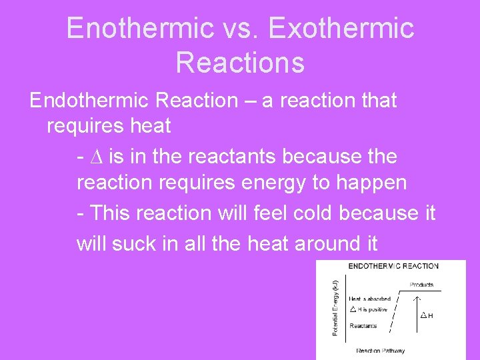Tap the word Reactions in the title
pyautogui.click(x=240, y=62)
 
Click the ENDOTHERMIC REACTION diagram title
pyautogui.click(x=393, y=266)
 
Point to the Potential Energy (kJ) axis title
pyautogui.click(x=335, y=307)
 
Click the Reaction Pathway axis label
pyautogui.click(x=380, y=351)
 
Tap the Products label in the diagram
pyautogui.click(x=421, y=285)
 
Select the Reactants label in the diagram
pyautogui.click(x=363, y=326)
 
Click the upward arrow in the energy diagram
pyautogui.click(x=417, y=311)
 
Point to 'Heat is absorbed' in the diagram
pyautogui.click(x=369, y=299)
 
